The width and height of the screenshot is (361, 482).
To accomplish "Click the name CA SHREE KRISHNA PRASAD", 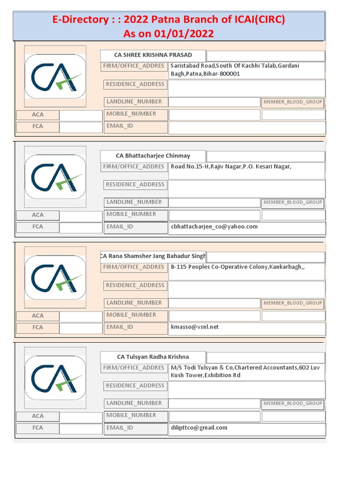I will tap(153, 55).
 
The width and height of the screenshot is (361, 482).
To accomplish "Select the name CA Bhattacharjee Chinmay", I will tap(153, 156).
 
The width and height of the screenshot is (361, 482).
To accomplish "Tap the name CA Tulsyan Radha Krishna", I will tap(153, 357).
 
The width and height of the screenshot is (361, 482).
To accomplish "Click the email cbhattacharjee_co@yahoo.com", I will tap(214, 226).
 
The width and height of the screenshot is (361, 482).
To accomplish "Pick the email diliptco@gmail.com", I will tap(199, 427).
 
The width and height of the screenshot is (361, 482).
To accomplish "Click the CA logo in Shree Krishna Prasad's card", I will tap(55, 76).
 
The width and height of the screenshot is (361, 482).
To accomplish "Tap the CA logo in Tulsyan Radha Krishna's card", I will tap(55, 378).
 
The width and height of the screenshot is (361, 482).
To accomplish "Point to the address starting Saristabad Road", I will tap(235, 70).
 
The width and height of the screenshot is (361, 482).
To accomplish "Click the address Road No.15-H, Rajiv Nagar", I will tap(228, 166).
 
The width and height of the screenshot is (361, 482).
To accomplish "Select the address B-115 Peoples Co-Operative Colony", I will tap(237, 267).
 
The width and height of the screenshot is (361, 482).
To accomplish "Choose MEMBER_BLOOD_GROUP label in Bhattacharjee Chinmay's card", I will tap(292, 202).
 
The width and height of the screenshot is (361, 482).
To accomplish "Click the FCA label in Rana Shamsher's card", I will tap(38, 327).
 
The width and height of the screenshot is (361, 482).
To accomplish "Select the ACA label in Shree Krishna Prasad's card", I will tap(38, 114).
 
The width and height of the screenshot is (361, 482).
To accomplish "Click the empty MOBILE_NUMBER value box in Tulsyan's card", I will tap(214, 416).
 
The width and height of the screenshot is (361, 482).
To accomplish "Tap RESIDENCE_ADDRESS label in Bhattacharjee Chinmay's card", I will tap(135, 185).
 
